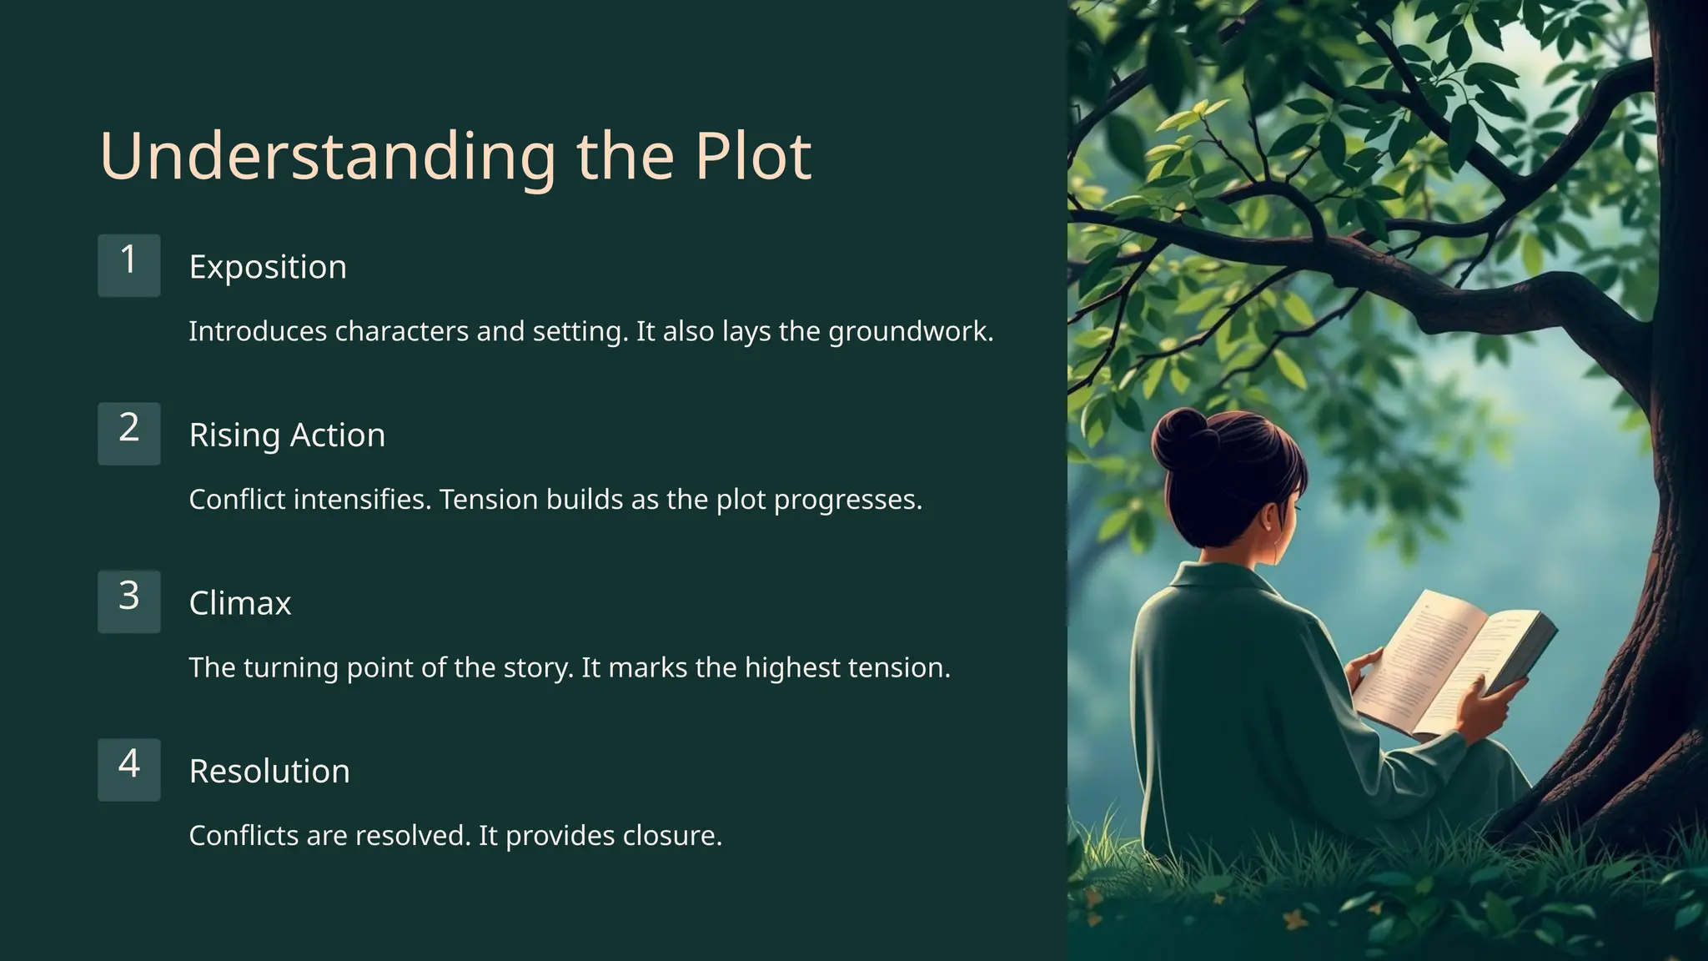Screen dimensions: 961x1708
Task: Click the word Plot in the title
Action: (753, 156)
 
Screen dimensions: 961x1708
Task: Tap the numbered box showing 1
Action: (128, 265)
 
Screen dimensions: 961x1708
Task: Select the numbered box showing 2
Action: (128, 434)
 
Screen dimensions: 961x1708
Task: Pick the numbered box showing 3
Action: (128, 601)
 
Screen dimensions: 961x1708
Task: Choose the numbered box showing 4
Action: (128, 769)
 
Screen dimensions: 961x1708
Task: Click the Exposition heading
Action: (268, 267)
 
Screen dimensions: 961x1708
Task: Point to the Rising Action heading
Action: (287, 435)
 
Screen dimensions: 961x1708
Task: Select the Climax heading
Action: (240, 603)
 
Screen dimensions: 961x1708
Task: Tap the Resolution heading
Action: (269, 772)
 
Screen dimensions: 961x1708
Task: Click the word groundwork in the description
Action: (910, 332)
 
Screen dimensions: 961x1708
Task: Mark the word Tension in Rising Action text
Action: (489, 500)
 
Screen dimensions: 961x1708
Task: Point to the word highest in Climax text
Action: (792, 668)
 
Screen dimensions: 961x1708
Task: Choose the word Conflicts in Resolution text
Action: (244, 836)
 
